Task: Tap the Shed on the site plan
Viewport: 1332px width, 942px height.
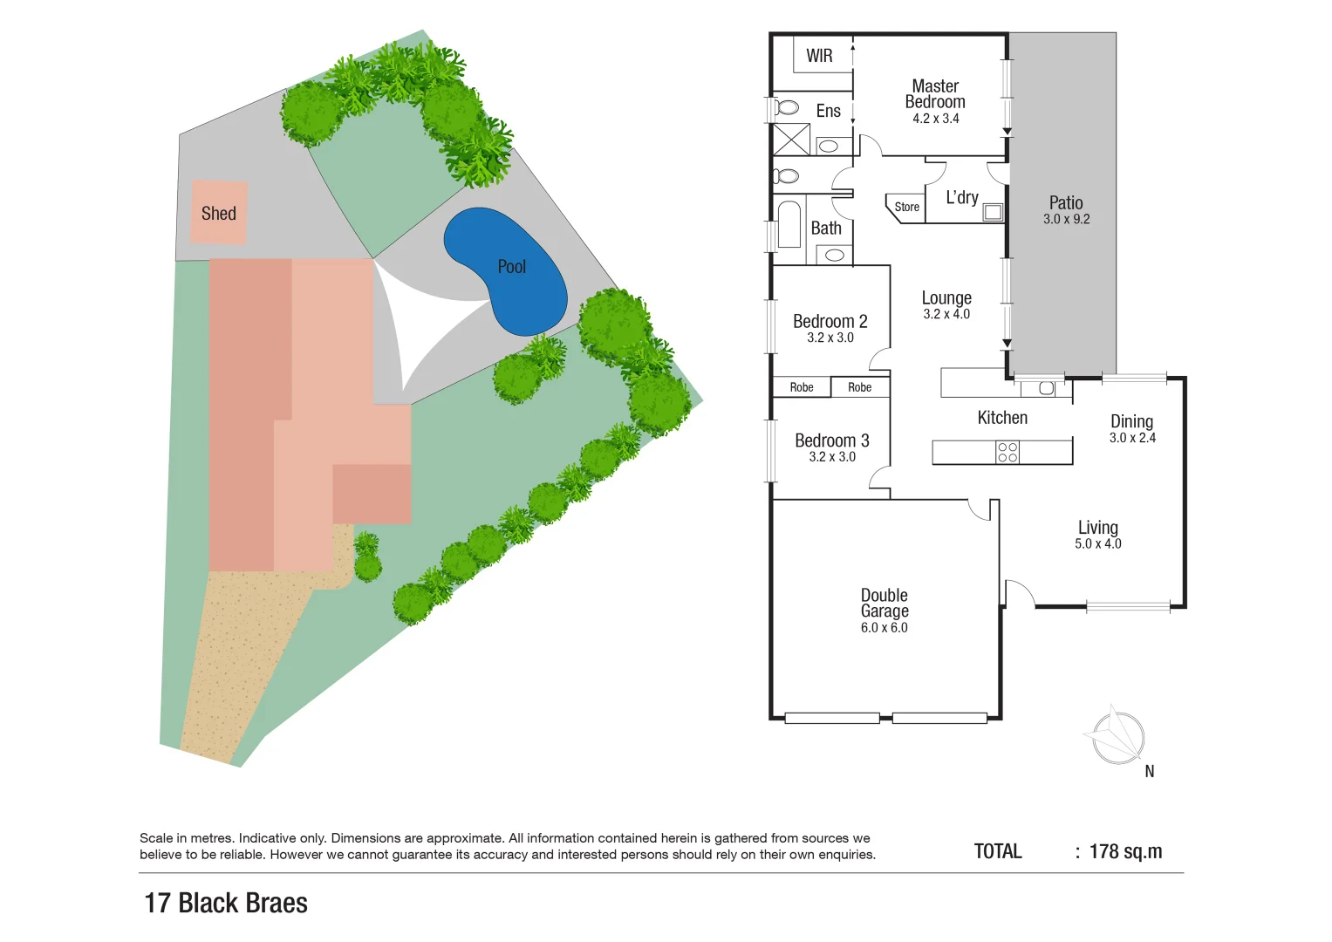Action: click(219, 213)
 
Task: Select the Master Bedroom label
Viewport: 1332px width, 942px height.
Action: click(935, 94)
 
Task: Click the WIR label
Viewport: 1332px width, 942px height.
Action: click(819, 56)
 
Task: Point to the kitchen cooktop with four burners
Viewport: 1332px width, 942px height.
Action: click(1008, 452)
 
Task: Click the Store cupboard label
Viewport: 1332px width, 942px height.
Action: click(906, 208)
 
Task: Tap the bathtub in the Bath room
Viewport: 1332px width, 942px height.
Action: click(789, 225)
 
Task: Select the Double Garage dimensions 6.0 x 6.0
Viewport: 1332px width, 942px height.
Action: click(884, 628)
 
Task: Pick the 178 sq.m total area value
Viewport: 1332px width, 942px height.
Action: click(1125, 851)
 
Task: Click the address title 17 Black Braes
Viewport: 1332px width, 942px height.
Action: click(226, 903)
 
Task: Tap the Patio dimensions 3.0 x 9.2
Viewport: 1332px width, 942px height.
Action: click(1066, 220)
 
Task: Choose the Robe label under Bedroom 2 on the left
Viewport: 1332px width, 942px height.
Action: click(801, 387)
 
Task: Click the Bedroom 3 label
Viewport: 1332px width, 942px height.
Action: click(831, 440)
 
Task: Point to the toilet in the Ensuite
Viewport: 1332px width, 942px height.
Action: click(787, 107)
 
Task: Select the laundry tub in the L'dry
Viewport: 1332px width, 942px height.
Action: click(993, 212)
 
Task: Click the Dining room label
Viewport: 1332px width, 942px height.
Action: click(1131, 421)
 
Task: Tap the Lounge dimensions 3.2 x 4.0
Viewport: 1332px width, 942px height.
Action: click(946, 315)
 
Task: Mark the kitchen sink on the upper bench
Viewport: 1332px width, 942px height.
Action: click(1046, 388)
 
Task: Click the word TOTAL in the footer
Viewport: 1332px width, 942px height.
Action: click(997, 851)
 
